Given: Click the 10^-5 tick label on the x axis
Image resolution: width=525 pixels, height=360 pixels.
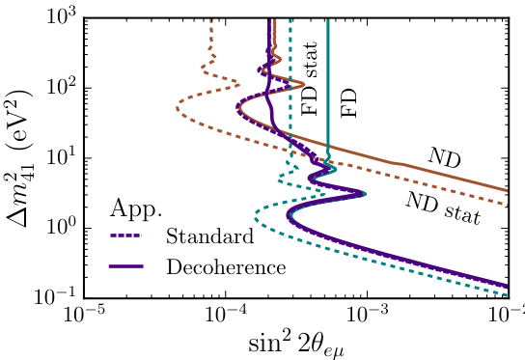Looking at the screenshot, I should pyautogui.click(x=85, y=317).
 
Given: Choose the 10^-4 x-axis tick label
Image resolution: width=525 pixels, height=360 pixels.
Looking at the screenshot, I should pyautogui.click(x=226, y=317).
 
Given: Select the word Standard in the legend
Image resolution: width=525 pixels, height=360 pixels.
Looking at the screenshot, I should pyautogui.click(x=209, y=235).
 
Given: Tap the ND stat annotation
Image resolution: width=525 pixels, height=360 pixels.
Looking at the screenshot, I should pyautogui.click(x=436, y=202).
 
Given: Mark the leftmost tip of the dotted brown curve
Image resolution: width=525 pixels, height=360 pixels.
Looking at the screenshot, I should pyautogui.click(x=177, y=107).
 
